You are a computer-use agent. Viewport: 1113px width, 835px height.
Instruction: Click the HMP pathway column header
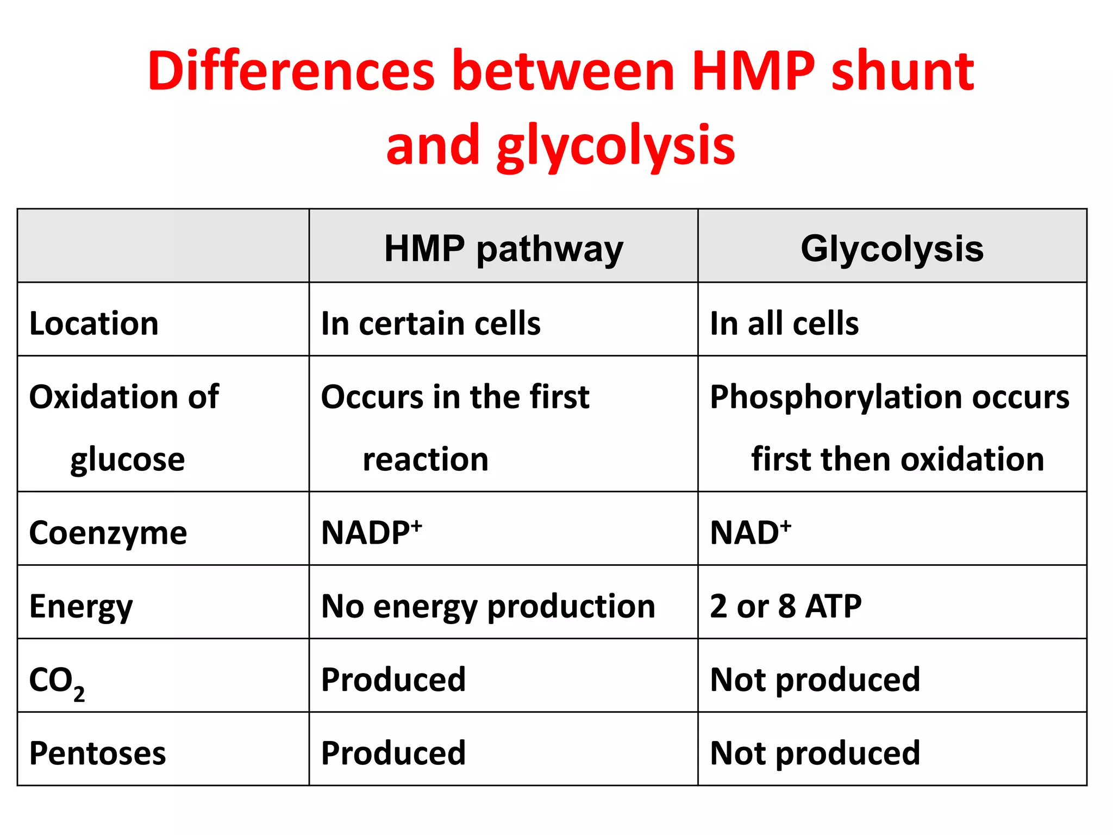point(503,249)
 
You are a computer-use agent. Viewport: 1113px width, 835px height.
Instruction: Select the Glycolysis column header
point(892,249)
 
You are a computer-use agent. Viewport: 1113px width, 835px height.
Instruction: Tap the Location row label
point(93,323)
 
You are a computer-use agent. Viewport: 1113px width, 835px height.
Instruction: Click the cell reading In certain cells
point(430,323)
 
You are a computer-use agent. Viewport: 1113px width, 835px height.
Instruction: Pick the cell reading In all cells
point(784,323)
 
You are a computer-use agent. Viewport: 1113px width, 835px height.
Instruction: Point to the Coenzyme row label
point(108,533)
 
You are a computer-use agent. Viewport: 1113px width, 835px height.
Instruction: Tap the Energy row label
point(81,607)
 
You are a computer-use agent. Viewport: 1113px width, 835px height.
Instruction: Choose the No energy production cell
point(488,606)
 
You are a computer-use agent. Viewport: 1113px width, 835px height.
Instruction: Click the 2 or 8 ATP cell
point(785,606)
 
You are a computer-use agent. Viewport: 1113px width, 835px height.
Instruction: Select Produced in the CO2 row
point(393,680)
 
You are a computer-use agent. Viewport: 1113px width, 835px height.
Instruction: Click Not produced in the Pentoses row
point(815,753)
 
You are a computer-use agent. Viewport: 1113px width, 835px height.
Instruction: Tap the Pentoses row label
point(97,753)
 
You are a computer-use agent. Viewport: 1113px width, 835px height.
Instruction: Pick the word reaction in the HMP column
point(426,459)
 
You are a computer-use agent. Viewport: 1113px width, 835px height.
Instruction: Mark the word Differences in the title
point(291,71)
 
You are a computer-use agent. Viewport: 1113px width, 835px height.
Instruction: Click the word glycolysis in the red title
point(616,146)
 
